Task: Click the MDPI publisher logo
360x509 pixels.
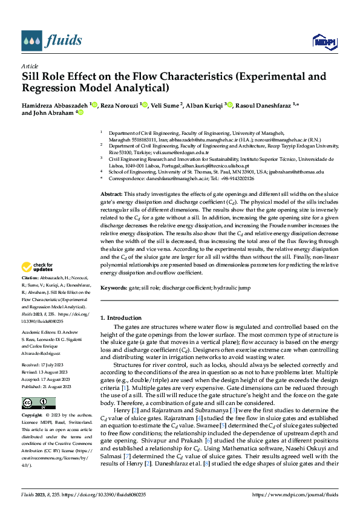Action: (x=322, y=41)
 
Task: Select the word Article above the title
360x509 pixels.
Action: (x=29, y=66)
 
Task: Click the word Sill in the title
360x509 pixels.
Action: (x=32, y=77)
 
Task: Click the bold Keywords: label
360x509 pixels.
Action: (x=114, y=288)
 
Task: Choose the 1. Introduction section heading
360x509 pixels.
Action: (x=124, y=317)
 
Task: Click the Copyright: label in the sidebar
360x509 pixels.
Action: (x=33, y=416)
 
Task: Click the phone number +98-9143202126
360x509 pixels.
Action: (x=237, y=178)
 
